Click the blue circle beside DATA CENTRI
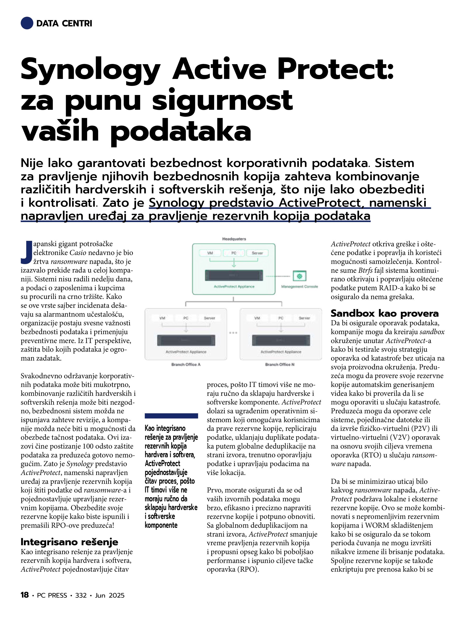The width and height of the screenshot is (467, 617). tap(27, 23)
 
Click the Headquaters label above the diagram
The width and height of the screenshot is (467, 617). tap(234, 239)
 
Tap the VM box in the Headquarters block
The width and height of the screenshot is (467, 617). tap(210, 253)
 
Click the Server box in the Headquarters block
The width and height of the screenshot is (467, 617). tap(257, 253)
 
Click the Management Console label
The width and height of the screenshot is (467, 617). tap(300, 286)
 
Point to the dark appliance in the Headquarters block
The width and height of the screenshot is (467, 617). tap(234, 275)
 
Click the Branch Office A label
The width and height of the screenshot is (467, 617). tap(186, 364)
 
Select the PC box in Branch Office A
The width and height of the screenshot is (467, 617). tap(186, 318)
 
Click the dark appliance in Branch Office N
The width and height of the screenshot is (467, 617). tap(281, 340)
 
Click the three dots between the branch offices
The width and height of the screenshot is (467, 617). tap(233, 333)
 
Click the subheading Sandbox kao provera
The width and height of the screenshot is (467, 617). tap(385, 313)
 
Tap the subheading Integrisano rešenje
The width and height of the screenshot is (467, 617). tap(69, 542)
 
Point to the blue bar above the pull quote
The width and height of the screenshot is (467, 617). tap(171, 416)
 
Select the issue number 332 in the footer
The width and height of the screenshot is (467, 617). tap(81, 595)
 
